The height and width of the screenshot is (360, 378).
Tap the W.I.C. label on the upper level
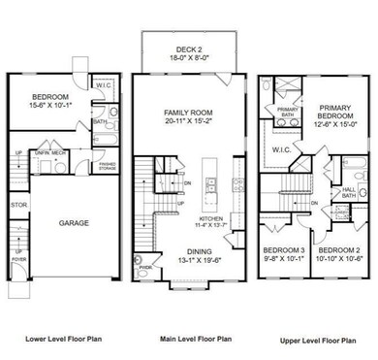pos(298,149)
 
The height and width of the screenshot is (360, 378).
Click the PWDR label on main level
pos(145,274)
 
